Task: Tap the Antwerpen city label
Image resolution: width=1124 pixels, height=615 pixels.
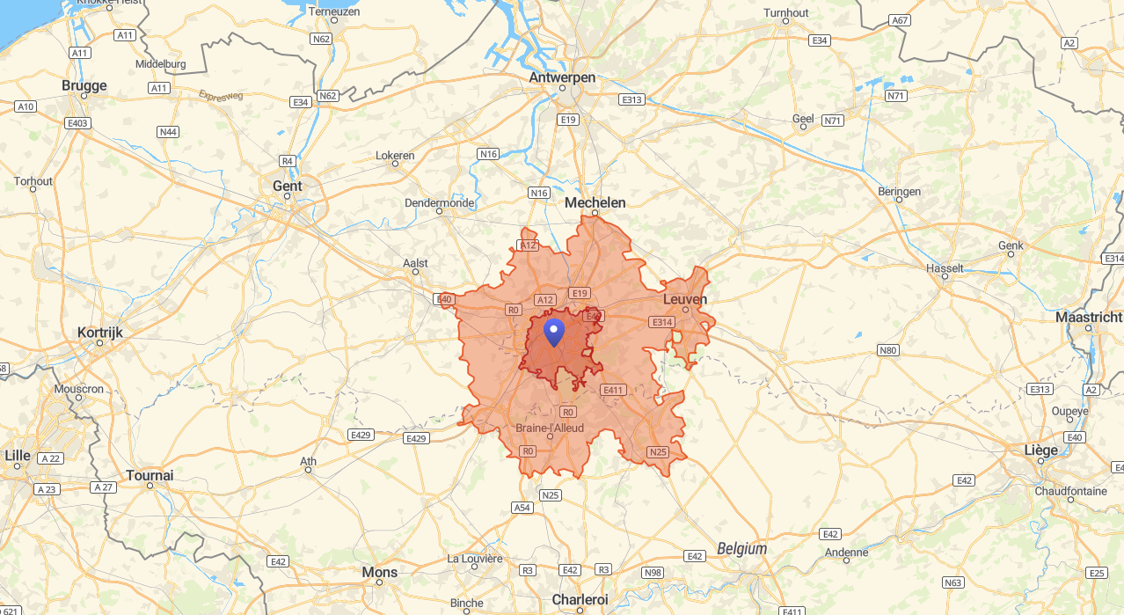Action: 562,77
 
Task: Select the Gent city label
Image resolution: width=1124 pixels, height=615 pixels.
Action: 288,186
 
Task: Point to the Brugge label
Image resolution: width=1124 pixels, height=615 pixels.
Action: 84,85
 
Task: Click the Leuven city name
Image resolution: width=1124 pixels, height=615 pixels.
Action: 685,299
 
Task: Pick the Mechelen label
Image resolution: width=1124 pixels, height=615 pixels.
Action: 595,202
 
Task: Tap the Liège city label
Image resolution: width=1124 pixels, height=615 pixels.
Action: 1041,450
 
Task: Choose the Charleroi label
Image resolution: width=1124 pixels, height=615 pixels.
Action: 580,599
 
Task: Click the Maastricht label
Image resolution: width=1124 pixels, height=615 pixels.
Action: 1089,317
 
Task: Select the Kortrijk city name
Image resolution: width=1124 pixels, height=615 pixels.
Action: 99,333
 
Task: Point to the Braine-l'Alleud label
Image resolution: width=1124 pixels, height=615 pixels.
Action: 550,428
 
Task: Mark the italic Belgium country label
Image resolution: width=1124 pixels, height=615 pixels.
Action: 741,548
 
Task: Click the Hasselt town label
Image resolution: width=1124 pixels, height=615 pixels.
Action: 945,268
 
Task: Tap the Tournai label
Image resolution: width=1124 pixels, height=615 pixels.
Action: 150,475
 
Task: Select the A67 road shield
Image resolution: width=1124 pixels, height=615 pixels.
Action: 900,20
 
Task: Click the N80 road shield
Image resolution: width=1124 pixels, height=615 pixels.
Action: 888,350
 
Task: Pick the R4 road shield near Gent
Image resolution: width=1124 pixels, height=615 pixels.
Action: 287,161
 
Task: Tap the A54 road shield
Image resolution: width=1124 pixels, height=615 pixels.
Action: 522,508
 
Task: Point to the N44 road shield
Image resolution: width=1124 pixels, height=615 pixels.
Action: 168,132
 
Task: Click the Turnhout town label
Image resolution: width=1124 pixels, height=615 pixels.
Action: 785,13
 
